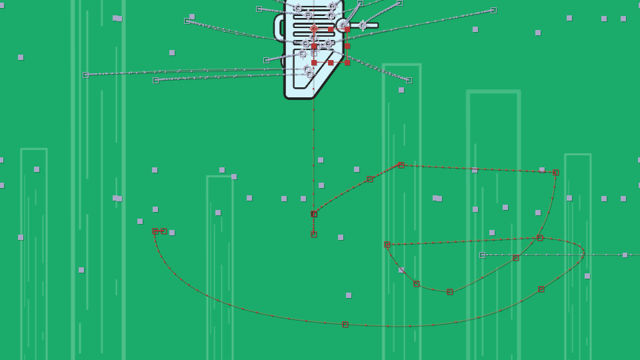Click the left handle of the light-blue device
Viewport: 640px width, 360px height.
pyautogui.click(x=279, y=28)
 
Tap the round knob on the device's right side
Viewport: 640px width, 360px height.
pyautogui.click(x=343, y=25)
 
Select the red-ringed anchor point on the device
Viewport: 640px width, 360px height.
pyautogui.click(x=314, y=29)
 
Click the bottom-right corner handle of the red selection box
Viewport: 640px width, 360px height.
pyautogui.click(x=347, y=63)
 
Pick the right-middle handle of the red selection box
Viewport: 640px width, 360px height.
pyautogui.click(x=347, y=46)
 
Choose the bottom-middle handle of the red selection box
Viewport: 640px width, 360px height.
pyautogui.click(x=331, y=63)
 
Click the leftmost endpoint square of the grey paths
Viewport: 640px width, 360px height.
pyautogui.click(x=85, y=75)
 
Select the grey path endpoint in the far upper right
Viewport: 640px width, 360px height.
pyautogui.click(x=493, y=10)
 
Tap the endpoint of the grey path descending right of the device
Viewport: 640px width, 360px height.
pyautogui.click(x=409, y=80)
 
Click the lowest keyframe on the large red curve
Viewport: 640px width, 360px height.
pyautogui.click(x=345, y=325)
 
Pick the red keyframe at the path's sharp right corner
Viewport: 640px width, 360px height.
pyautogui.click(x=556, y=173)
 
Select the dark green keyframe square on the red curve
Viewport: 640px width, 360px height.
pyautogui.click(x=541, y=289)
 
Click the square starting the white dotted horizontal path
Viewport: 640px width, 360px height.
pyautogui.click(x=483, y=255)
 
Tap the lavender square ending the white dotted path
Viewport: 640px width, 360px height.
pyautogui.click(x=625, y=255)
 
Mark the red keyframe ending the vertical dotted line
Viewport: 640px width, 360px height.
pyautogui.click(x=314, y=235)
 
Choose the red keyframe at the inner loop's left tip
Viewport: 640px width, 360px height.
pyautogui.click(x=387, y=245)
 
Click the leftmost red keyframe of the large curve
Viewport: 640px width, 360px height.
pyautogui.click(x=155, y=231)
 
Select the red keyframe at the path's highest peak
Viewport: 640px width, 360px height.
pyautogui.click(x=401, y=165)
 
